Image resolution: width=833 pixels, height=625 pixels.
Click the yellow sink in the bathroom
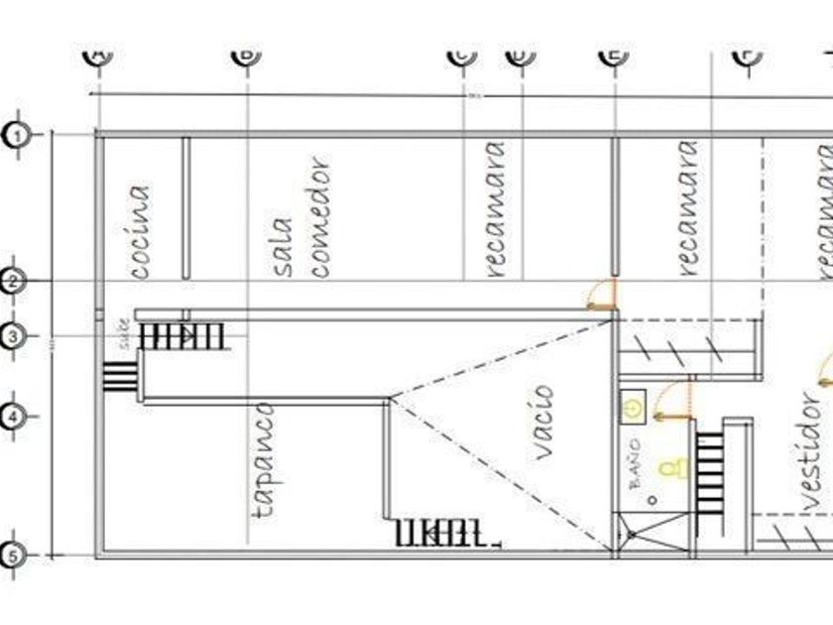633,405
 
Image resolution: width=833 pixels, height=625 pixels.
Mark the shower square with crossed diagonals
652,533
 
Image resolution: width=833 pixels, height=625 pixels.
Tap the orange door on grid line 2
602,295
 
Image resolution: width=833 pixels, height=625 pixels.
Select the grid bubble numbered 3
13,336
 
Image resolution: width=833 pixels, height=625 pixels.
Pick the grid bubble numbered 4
13,417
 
